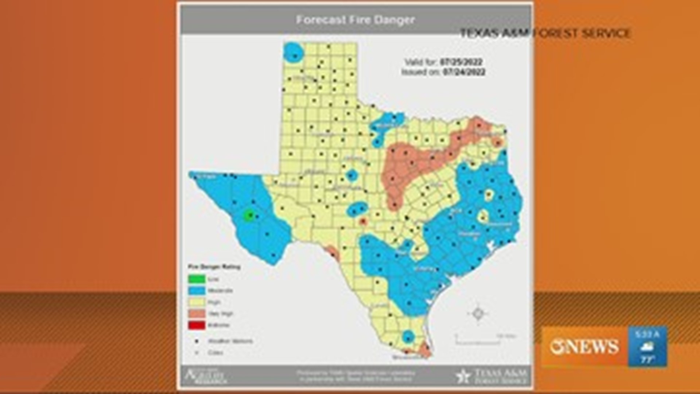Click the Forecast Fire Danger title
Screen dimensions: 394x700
point(355,20)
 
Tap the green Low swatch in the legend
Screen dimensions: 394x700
point(196,279)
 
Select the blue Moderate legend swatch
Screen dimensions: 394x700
point(196,291)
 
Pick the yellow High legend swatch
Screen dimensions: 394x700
point(196,302)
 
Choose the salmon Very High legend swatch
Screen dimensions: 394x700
point(196,314)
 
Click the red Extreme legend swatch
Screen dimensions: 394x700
point(196,325)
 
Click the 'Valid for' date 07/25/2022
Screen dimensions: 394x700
point(461,62)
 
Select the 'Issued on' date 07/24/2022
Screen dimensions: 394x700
point(464,72)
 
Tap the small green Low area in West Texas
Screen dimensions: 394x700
point(249,215)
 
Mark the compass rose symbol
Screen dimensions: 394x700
point(478,313)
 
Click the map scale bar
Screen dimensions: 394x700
point(478,341)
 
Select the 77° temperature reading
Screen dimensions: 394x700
point(647,359)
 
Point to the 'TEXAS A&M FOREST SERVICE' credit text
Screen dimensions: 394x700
point(545,33)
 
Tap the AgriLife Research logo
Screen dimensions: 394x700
point(205,376)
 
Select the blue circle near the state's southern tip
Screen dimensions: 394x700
point(408,337)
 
